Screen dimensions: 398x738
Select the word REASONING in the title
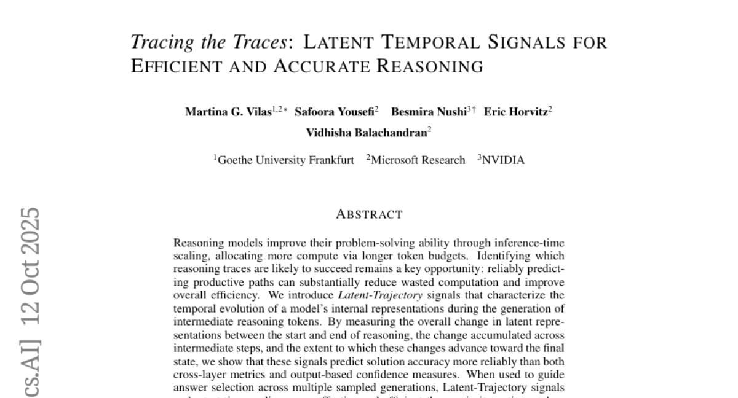coord(430,66)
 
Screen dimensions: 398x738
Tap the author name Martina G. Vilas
coord(228,112)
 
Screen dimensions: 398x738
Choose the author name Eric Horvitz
coord(515,112)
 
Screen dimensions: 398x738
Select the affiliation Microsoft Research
coord(418,160)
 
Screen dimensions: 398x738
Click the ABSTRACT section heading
coord(369,215)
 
